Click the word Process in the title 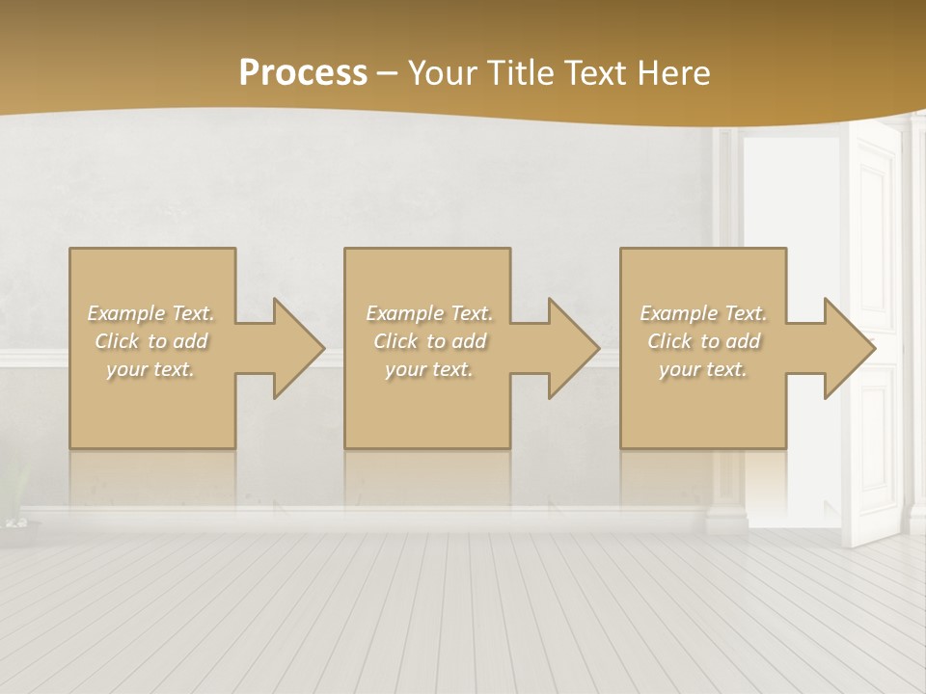pos(303,73)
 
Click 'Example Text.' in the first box pos(150,313)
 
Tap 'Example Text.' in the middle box pos(428,313)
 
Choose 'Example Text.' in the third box pos(703,313)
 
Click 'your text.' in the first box pos(150,369)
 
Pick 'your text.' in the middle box pos(428,369)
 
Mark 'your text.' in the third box pos(703,369)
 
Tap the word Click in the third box pos(669,341)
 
